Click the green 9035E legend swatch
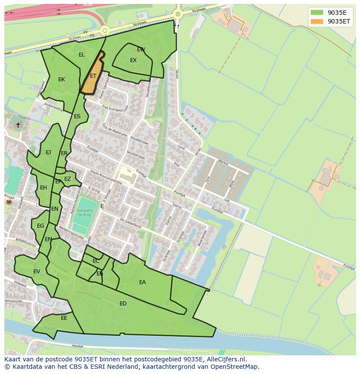(x=317, y=13)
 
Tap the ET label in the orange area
(x=93, y=76)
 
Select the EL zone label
(x=82, y=55)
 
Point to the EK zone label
(x=61, y=79)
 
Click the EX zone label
(x=133, y=60)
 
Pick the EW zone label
(x=141, y=50)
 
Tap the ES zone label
(x=77, y=116)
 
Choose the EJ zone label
(x=48, y=152)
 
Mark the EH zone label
(x=43, y=188)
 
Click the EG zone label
(x=40, y=226)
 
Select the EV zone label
(x=37, y=271)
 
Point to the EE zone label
(x=64, y=318)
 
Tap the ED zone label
(x=123, y=304)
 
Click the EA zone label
(x=142, y=282)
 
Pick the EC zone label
(x=96, y=261)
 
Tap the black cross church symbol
(x=18, y=125)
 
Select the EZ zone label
(x=67, y=179)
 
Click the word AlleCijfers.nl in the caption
(x=225, y=359)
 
